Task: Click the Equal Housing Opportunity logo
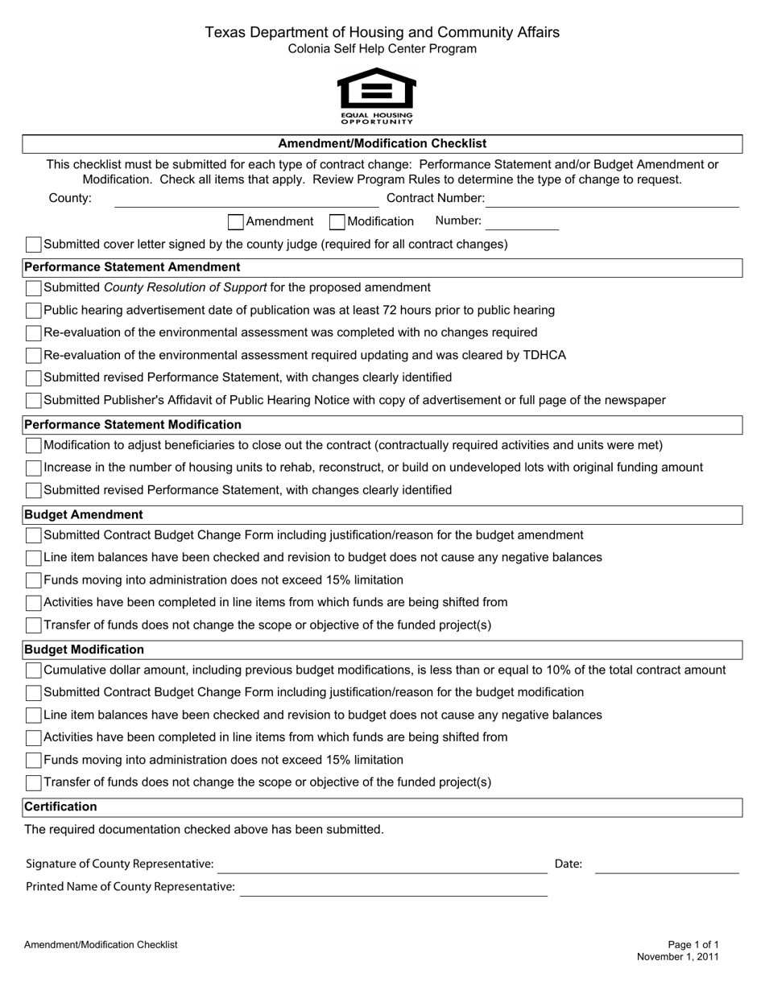click(x=376, y=96)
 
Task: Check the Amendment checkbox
click(x=236, y=221)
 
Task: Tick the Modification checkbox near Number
click(x=338, y=221)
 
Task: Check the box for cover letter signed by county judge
click(x=34, y=245)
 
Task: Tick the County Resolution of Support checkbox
click(x=34, y=288)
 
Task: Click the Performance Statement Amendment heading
click(x=132, y=267)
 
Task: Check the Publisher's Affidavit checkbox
click(x=34, y=401)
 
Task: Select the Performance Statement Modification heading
click(x=133, y=424)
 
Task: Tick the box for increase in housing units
click(x=34, y=468)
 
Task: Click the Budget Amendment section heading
click(x=84, y=514)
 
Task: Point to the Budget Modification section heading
click(x=85, y=650)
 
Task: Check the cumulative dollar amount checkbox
click(x=34, y=670)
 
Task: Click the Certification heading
click(x=60, y=806)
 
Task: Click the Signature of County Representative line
click(x=382, y=865)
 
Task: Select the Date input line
click(x=666, y=865)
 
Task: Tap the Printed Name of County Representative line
click(x=393, y=888)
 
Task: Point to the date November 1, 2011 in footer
click(x=677, y=957)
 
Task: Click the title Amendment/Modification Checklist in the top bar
click(x=382, y=144)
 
